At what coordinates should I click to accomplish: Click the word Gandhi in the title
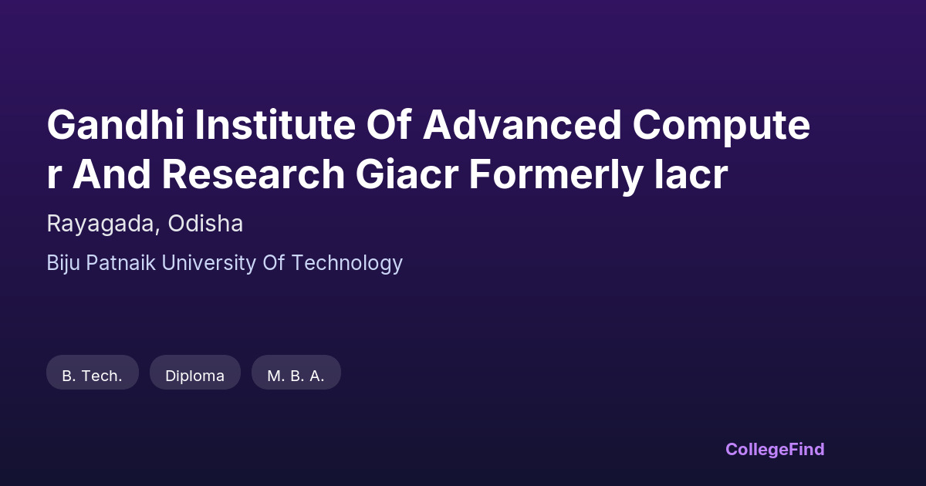coord(116,125)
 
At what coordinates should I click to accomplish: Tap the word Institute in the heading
coord(275,125)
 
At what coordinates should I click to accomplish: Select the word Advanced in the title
coord(522,125)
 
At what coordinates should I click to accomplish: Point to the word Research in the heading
coord(253,174)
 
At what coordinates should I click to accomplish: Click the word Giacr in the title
coord(407,174)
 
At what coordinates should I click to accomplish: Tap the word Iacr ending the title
coord(691,174)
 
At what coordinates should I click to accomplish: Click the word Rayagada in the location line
coord(101,224)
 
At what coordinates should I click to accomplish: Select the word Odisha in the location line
coord(205,223)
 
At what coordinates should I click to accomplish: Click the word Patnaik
coord(120,262)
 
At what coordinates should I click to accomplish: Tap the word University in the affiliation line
coord(209,263)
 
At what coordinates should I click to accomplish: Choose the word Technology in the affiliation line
coord(346,263)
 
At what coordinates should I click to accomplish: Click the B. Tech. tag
coord(93,372)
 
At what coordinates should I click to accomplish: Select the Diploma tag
coord(195,372)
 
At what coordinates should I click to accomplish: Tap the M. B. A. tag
coord(296,372)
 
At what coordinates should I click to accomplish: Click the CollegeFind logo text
coord(775,450)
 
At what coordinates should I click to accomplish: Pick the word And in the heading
coord(112,174)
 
